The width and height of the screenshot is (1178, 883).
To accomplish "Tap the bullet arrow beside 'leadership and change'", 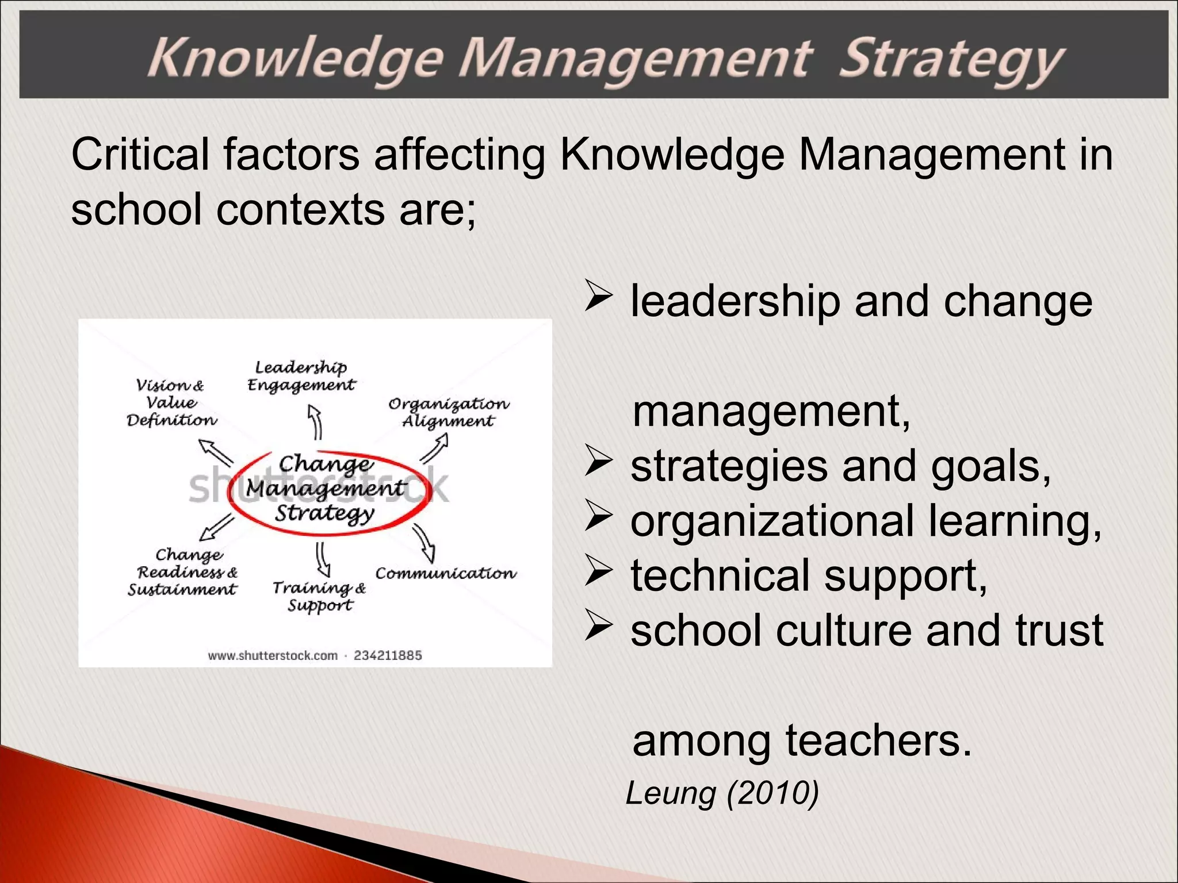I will coord(598,295).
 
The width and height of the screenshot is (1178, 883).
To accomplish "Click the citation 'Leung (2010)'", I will coord(722,793).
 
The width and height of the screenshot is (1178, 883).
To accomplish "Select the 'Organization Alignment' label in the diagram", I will coord(449,412).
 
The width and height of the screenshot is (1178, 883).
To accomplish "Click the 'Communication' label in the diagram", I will coord(446,573).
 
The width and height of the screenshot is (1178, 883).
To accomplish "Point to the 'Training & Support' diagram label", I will coord(319,596).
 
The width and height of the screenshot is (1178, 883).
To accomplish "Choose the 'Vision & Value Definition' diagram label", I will coord(171,402).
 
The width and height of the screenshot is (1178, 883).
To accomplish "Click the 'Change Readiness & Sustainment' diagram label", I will coord(183,572).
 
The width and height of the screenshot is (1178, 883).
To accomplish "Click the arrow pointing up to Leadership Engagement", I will coord(315,421).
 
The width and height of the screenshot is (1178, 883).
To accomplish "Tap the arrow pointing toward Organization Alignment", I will coord(435,448).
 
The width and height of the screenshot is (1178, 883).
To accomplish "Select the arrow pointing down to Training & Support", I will coord(323,559).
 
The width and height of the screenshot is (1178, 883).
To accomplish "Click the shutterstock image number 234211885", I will coord(388,655).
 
